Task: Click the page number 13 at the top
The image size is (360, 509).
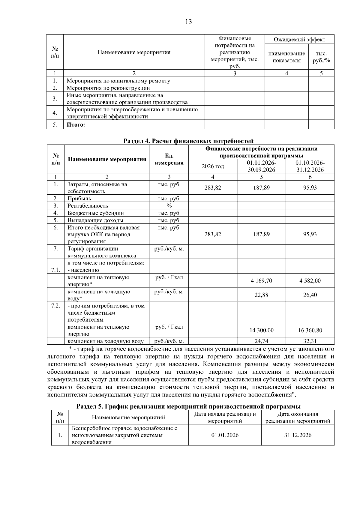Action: pyautogui.click(x=189, y=22)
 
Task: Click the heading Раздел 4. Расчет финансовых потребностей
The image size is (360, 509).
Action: pyautogui.click(x=189, y=141)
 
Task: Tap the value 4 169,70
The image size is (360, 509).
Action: pyautogui.click(x=261, y=281)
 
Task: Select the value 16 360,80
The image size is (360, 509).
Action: pyautogui.click(x=310, y=330)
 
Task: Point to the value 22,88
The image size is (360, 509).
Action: pyautogui.click(x=261, y=295)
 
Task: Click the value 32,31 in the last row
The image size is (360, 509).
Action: pyautogui.click(x=310, y=341)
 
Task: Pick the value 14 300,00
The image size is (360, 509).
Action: pyautogui.click(x=261, y=330)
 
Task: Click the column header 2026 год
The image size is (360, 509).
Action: pyautogui.click(x=213, y=166)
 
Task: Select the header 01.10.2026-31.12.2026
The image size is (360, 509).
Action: pyautogui.click(x=310, y=166)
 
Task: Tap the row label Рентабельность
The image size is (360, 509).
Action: pyautogui.click(x=88, y=206)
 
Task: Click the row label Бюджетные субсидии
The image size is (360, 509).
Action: pyautogui.click(x=95, y=213)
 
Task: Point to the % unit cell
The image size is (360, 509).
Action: pyautogui.click(x=169, y=206)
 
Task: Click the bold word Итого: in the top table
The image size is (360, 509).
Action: pyautogui.click(x=76, y=125)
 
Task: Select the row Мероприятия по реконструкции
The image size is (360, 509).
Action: pyautogui.click(x=108, y=88)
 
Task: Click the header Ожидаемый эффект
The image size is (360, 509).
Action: pyautogui.click(x=299, y=40)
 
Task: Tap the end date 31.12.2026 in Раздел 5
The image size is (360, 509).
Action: pyautogui.click(x=298, y=435)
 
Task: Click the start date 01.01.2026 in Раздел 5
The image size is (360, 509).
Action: pyautogui.click(x=225, y=435)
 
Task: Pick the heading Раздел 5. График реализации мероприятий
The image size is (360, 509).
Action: pyautogui.click(x=189, y=406)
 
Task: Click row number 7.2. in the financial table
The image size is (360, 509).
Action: pyautogui.click(x=56, y=306)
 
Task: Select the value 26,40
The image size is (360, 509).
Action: pyautogui.click(x=310, y=295)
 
